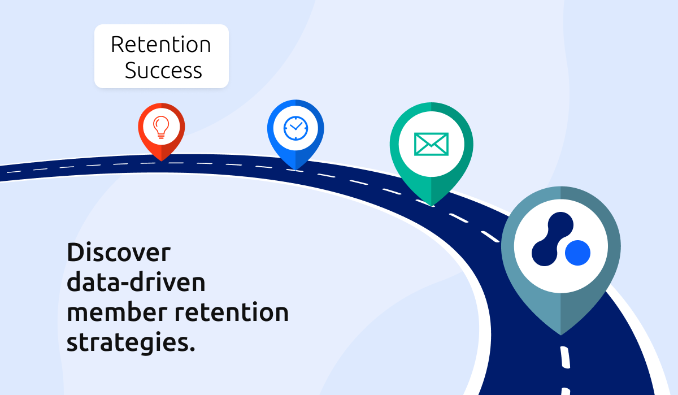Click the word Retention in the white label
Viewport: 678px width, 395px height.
pos(160,45)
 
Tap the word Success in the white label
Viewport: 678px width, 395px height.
pos(163,70)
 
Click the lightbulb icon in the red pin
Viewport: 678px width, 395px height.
pos(161,127)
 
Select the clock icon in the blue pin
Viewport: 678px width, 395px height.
pos(295,128)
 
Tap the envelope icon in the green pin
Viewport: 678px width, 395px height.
pos(431,144)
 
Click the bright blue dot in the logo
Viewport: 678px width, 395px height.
pos(577,253)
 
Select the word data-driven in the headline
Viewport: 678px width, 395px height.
pos(136,282)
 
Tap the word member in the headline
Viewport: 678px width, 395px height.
pos(117,312)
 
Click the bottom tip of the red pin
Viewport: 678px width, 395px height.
pos(162,161)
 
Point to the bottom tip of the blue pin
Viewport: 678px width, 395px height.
pos(295,170)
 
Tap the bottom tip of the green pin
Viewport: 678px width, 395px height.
pos(431,206)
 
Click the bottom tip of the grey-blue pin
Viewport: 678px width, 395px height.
pos(560,335)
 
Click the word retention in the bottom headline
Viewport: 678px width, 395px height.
pos(232,312)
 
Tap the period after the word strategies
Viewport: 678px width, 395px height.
pos(192,349)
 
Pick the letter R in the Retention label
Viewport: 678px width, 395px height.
pos(116,45)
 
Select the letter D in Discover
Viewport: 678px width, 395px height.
pos(75,252)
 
